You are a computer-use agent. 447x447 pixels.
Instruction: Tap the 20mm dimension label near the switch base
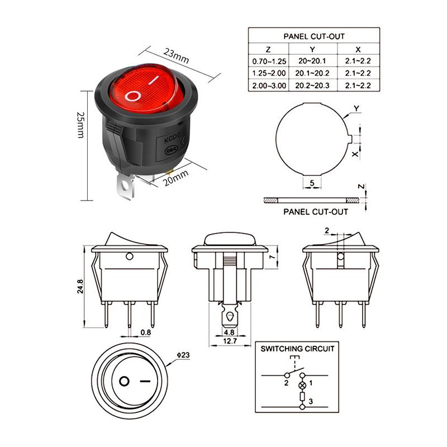177,178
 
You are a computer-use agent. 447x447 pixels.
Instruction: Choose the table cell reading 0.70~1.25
269,61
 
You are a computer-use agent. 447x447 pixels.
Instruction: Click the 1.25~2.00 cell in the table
269,73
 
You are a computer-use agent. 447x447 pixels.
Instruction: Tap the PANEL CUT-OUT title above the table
313,36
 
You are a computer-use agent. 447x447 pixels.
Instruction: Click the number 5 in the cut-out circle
312,183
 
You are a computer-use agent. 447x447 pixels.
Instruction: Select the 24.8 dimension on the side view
80,286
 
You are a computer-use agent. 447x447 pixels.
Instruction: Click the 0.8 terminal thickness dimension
145,332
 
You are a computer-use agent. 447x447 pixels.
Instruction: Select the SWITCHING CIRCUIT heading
298,349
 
